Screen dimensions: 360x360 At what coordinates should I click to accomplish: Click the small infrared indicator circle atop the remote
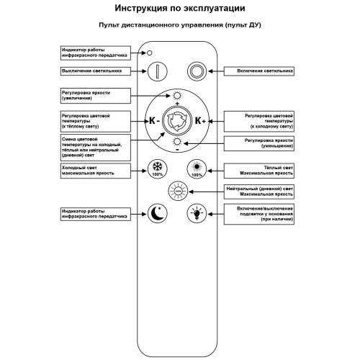(150, 53)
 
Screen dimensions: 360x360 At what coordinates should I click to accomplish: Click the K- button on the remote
(153, 120)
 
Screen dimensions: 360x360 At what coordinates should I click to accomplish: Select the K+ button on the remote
(199, 120)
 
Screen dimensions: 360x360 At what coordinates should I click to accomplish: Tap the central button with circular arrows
(177, 120)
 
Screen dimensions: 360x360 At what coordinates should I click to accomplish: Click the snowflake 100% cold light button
(157, 170)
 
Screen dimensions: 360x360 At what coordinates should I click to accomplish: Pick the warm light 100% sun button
(197, 170)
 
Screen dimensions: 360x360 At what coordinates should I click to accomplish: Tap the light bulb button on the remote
(197, 213)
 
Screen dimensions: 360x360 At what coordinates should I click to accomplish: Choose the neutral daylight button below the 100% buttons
(177, 192)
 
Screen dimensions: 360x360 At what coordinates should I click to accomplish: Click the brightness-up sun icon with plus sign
(177, 96)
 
